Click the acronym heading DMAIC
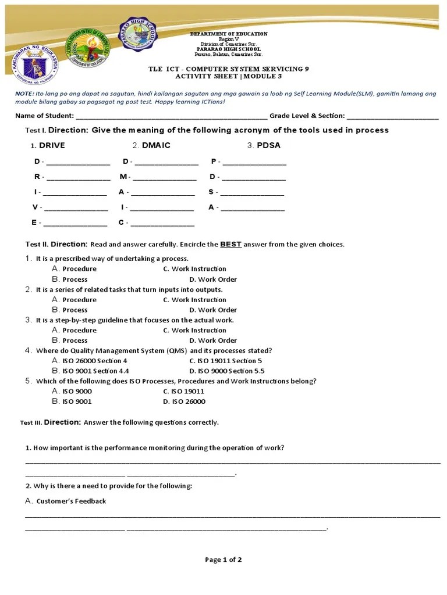[x=155, y=145]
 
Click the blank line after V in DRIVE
[x=76, y=208]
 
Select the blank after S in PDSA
[x=252, y=193]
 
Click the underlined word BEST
[x=230, y=244]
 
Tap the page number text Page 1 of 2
[x=223, y=560]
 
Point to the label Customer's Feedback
[x=70, y=501]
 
